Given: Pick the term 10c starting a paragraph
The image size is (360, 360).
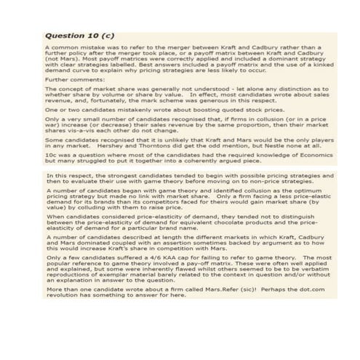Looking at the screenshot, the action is tap(49, 155).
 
